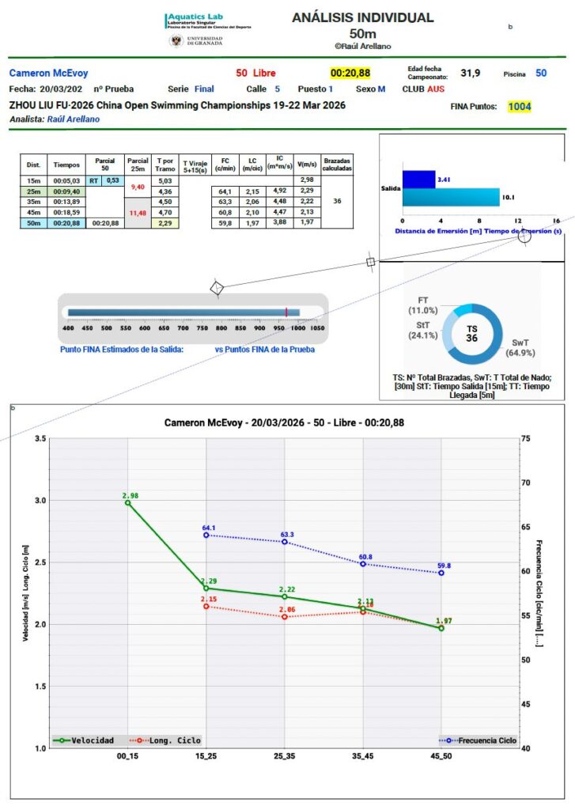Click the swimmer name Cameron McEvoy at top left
pos(49,74)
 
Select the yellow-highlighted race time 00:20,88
pos(350,74)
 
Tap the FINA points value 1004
pos(520,107)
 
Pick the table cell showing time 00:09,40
pos(66,191)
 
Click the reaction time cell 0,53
pos(112,180)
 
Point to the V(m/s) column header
pos(306,163)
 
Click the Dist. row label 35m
pos(34,202)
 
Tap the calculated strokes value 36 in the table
pos(338,202)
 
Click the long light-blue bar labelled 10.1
pos(451,197)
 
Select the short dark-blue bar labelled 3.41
pos(418,180)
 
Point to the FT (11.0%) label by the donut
pos(423,305)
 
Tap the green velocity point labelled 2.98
pos(127,502)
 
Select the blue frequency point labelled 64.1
pos(206,536)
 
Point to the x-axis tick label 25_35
pos(284,757)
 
